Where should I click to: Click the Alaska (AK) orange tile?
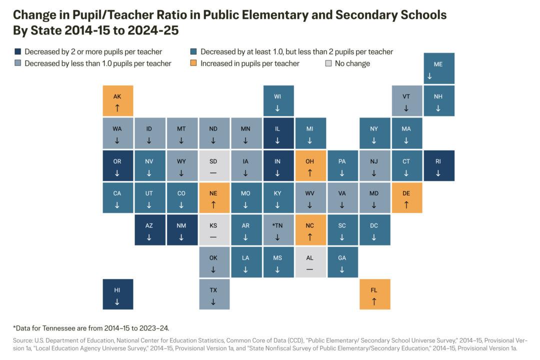tap(117, 101)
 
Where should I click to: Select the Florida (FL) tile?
tap(374, 294)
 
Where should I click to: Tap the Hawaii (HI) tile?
tap(117, 294)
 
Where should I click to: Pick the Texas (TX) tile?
tap(213, 294)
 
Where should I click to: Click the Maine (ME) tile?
tap(438, 68)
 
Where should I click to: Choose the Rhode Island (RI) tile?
tap(438, 165)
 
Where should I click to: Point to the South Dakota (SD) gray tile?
tap(213, 165)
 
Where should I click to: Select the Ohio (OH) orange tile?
tap(310, 165)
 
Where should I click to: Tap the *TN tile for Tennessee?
tap(277, 230)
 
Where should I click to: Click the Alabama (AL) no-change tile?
tap(310, 262)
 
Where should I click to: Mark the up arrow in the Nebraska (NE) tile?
tap(213, 205)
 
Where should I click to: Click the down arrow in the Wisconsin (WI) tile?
tap(277, 108)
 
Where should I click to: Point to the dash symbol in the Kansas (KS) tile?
tap(213, 237)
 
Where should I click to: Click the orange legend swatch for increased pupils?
tap(193, 63)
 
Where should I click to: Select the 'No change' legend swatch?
tap(328, 63)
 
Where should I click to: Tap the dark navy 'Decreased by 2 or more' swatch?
tap(17, 51)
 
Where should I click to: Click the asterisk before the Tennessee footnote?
tap(14, 327)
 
